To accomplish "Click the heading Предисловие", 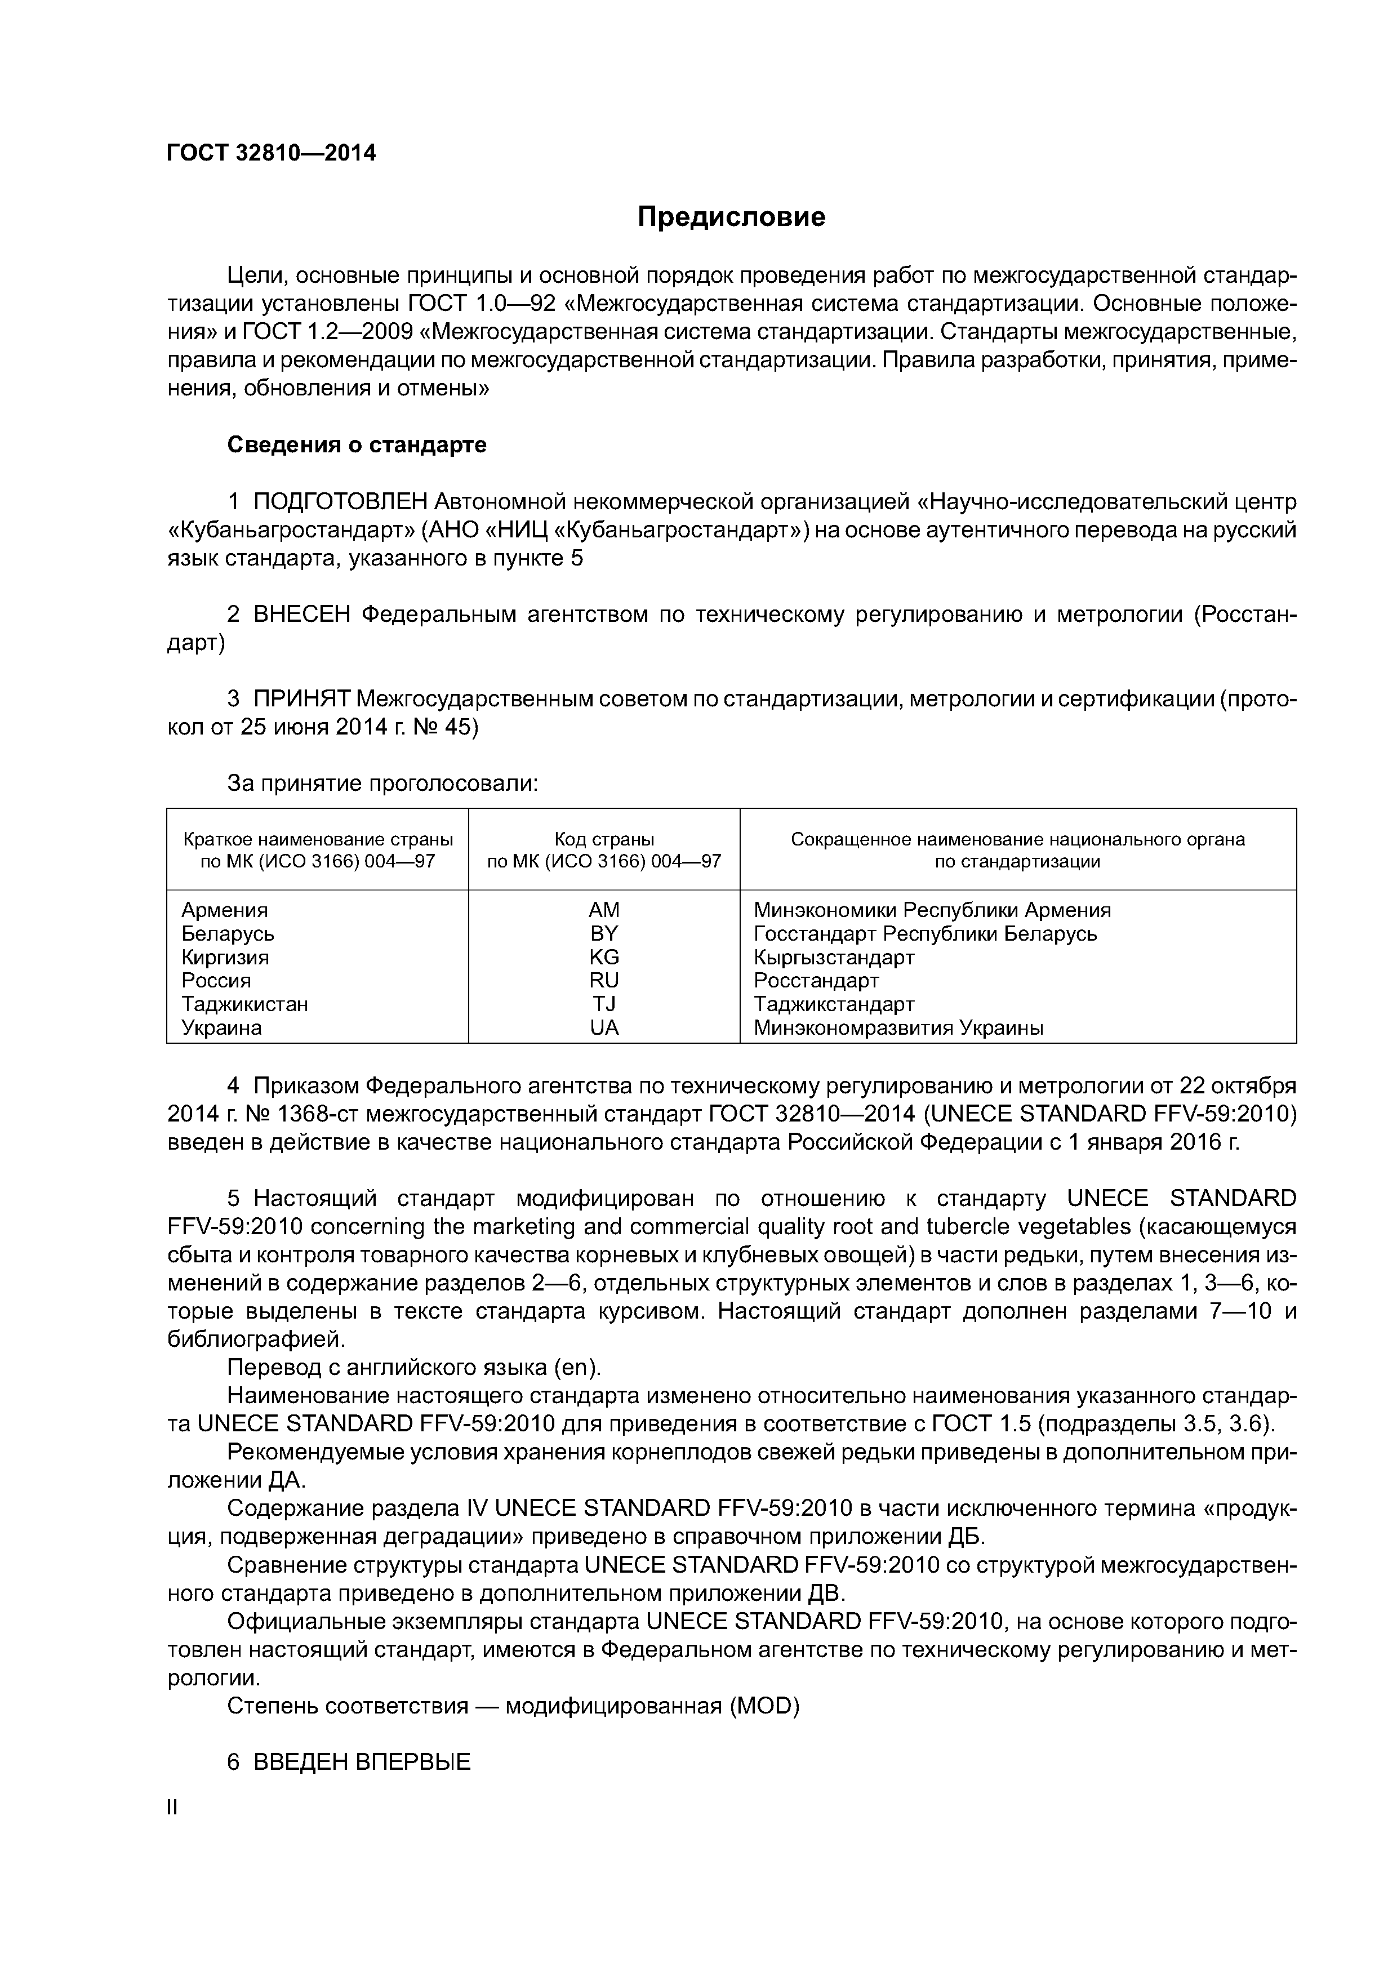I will point(731,217).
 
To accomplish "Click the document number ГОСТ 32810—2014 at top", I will point(271,153).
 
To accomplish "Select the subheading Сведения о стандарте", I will point(357,445).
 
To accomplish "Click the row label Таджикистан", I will point(244,1004).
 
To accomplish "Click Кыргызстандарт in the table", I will point(833,957).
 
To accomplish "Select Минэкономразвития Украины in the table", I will point(898,1027).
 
